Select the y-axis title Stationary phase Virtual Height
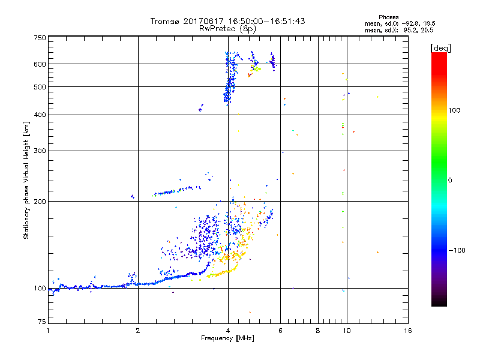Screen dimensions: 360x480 coord(26,180)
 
